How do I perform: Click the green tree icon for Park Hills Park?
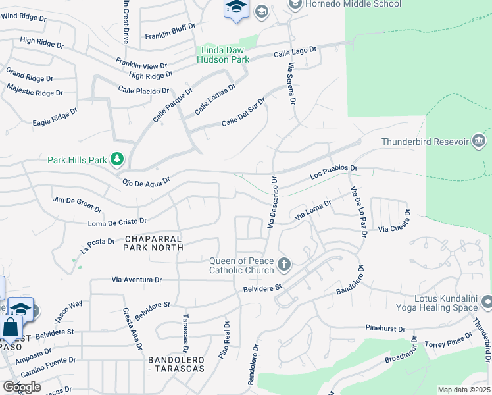coord(117,159)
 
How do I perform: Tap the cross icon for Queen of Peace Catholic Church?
coord(284,265)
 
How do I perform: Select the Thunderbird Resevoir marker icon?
coord(478,142)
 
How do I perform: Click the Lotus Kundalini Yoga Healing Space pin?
coord(487,302)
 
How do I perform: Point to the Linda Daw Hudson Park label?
coord(223,55)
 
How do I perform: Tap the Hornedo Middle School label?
coord(353,5)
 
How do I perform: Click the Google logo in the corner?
coord(22,387)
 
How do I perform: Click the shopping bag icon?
coord(11,327)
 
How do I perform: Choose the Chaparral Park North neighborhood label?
coord(152,242)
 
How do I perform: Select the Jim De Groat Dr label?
coord(78,204)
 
